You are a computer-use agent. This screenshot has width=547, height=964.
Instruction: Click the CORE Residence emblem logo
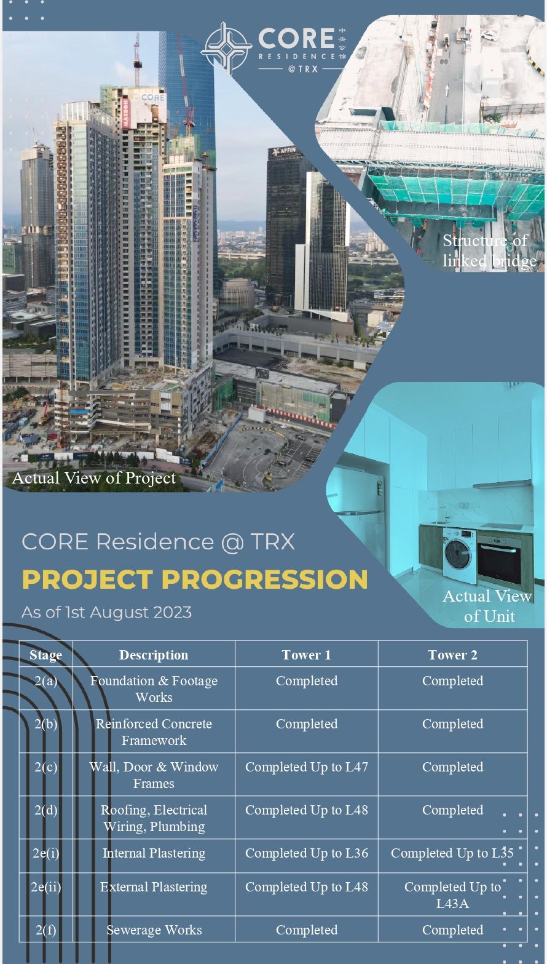tap(226, 48)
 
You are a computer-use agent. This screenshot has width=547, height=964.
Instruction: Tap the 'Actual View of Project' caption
tap(94, 478)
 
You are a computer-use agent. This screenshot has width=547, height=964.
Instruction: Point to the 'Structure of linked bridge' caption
tap(489, 251)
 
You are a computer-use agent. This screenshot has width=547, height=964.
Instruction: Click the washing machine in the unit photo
tap(459, 556)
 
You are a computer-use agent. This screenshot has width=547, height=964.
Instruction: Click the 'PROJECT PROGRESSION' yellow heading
tap(195, 580)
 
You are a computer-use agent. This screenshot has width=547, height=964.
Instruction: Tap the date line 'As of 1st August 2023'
tap(106, 613)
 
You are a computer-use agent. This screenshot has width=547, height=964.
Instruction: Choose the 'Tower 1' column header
tap(306, 655)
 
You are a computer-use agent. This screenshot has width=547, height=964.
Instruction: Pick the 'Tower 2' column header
tap(452, 655)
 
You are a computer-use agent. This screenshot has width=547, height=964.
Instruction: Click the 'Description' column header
tap(154, 655)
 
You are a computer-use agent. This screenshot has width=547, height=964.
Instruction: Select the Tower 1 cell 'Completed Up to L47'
tap(306, 767)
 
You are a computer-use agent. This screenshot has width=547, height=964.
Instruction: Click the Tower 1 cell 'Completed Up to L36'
tap(306, 853)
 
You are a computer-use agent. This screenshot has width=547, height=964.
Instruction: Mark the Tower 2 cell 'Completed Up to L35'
tap(452, 853)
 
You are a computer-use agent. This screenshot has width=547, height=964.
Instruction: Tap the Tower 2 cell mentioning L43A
tap(452, 895)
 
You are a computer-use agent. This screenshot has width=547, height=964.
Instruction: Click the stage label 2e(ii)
tap(46, 887)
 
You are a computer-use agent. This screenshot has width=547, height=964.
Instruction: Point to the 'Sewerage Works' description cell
tap(154, 930)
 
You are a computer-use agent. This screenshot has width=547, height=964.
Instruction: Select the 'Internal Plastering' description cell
tap(154, 853)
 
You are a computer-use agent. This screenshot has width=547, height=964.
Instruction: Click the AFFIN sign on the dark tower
tap(284, 151)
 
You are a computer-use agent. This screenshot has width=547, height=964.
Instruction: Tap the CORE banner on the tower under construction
tap(152, 97)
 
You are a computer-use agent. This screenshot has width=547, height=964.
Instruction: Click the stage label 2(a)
tap(46, 681)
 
